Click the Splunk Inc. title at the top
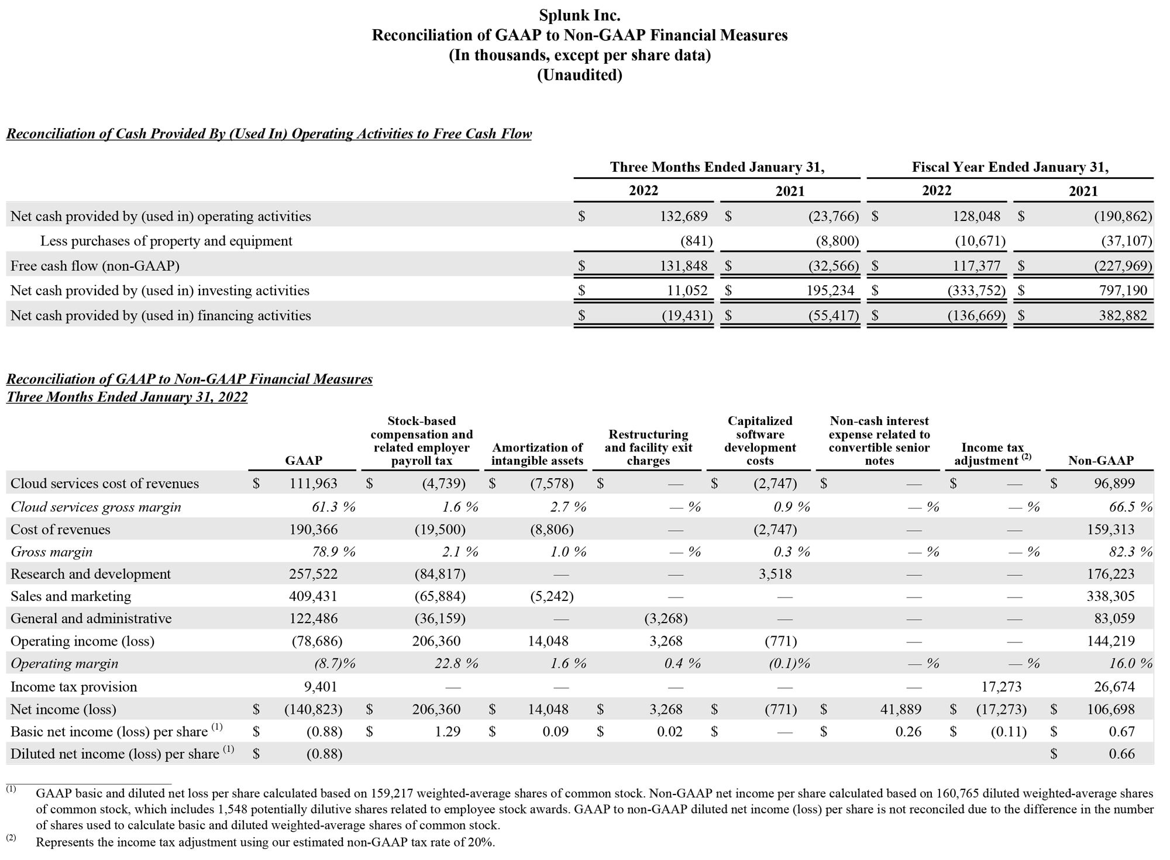point(579,15)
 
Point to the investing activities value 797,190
point(1123,291)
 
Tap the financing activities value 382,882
point(1123,316)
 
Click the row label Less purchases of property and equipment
point(166,241)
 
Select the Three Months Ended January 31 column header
point(717,167)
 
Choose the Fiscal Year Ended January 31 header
point(1010,167)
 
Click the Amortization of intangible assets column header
point(537,454)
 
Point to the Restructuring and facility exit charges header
point(648,447)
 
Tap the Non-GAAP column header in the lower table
point(1100,461)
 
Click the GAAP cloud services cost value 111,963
point(313,483)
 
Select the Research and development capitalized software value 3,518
point(775,574)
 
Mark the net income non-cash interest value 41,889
point(900,709)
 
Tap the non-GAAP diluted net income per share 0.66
point(1121,754)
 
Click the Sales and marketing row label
point(71,596)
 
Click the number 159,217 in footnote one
point(391,793)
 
